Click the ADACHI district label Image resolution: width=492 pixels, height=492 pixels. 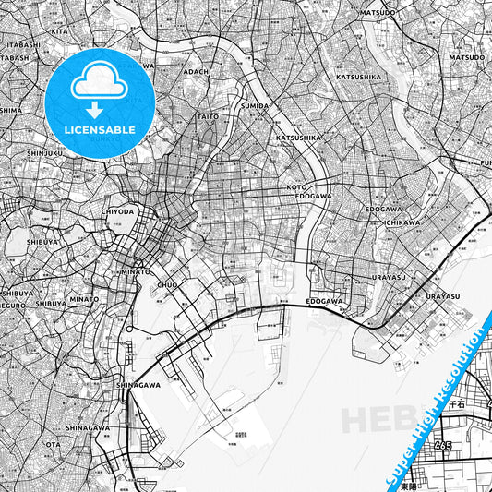198,71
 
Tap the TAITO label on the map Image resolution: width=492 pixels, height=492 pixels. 207,117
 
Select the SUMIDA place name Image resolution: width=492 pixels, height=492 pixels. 255,106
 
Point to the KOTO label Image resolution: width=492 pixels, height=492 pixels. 296,186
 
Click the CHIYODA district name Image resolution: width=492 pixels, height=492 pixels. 117,211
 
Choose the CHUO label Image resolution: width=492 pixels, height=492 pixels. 166,285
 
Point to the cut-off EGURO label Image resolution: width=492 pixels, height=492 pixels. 11,302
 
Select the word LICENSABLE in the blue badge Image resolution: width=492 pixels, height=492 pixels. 101,130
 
